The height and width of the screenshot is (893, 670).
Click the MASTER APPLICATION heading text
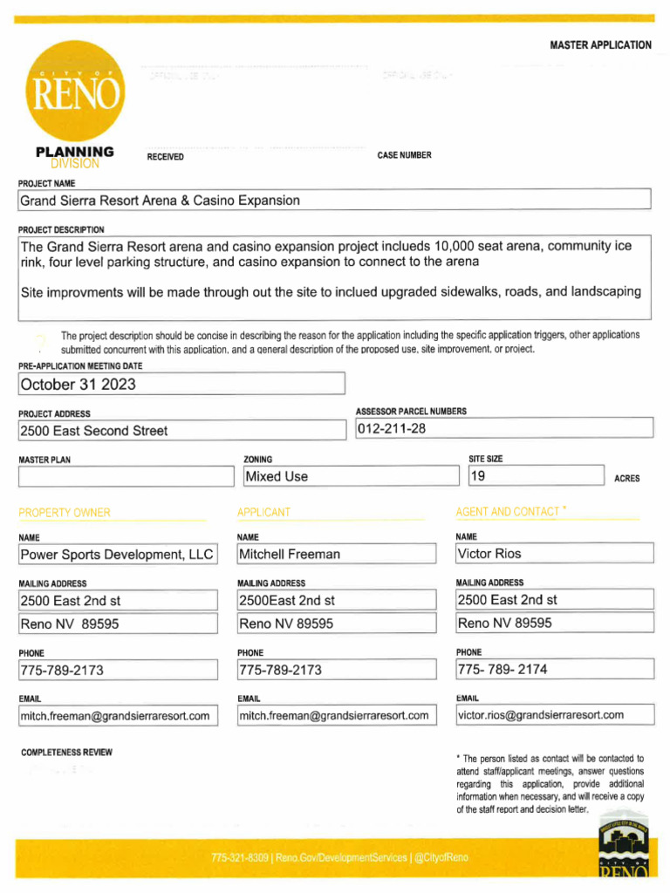[600, 45]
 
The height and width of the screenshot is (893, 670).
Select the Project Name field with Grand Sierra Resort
[335, 201]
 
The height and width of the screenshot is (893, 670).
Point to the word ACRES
[626, 479]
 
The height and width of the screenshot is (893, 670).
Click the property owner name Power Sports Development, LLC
[117, 554]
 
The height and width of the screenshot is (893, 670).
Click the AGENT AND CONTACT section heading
[509, 512]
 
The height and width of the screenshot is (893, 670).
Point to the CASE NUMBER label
[404, 155]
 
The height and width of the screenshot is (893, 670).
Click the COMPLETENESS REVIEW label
[66, 752]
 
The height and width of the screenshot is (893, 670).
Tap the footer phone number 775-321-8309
[241, 858]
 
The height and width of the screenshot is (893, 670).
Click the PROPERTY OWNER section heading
[65, 513]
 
